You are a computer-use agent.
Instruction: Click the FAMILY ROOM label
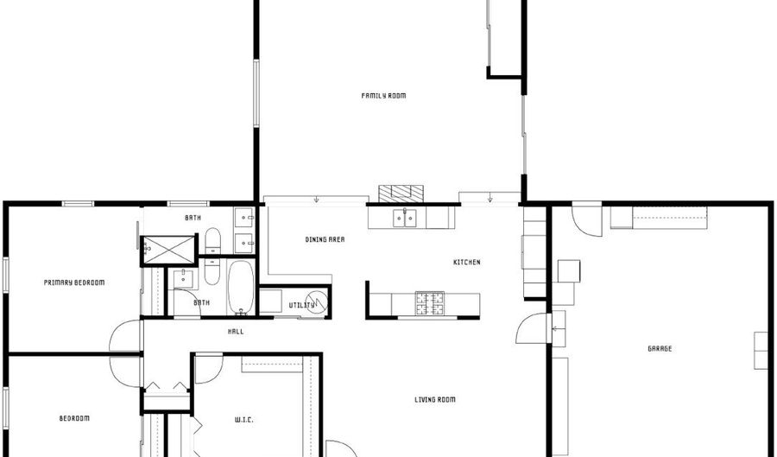tap(383, 96)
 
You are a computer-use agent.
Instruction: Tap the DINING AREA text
tap(325, 239)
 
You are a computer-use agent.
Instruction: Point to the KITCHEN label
tap(467, 263)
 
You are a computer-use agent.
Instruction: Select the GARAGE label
tap(660, 349)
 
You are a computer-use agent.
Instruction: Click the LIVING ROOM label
tap(434, 400)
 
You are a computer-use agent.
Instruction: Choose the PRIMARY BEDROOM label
tap(74, 282)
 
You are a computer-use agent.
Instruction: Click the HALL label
tap(236, 332)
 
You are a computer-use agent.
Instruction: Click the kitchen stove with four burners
tap(429, 302)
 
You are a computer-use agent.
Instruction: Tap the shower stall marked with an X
tap(169, 249)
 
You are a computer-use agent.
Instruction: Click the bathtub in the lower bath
tap(240, 287)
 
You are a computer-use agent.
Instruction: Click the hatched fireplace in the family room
tap(402, 192)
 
